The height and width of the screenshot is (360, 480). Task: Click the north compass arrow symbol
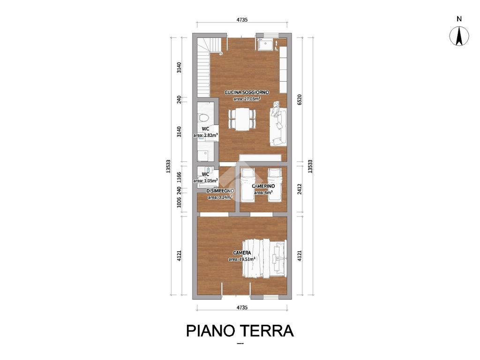click(x=459, y=36)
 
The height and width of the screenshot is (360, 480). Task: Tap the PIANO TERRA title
click(x=240, y=331)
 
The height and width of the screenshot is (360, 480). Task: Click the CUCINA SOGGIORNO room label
click(x=247, y=92)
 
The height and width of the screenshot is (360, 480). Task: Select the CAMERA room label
click(x=242, y=253)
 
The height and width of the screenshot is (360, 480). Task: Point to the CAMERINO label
click(x=263, y=186)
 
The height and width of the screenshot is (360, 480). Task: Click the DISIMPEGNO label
click(x=220, y=191)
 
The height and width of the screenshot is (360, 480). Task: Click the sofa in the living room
click(x=278, y=124)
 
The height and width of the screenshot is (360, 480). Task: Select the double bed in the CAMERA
click(x=264, y=259)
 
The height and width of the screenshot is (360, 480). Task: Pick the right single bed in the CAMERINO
click(x=275, y=185)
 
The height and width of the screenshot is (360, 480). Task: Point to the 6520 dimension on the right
click(x=300, y=99)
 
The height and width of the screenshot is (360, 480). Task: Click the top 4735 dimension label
click(x=242, y=20)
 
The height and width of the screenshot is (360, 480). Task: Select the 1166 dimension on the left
click(x=180, y=177)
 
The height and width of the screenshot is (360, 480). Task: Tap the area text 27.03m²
click(x=247, y=98)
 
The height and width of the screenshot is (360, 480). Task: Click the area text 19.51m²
click(x=242, y=259)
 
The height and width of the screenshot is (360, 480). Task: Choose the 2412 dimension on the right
click(x=300, y=189)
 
